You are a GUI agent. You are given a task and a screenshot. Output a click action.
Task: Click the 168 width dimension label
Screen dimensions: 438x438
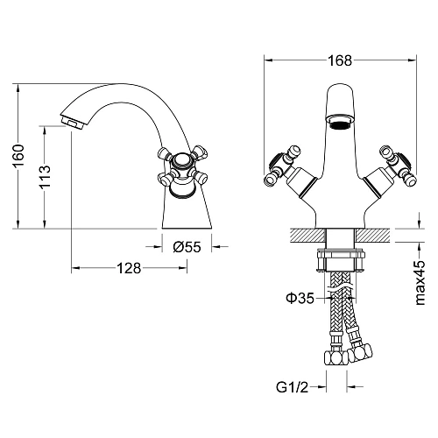[340, 60]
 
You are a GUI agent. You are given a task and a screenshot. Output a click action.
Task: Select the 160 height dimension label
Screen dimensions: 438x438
[18, 156]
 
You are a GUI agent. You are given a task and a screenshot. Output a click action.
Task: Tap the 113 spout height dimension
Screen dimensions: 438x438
[45, 177]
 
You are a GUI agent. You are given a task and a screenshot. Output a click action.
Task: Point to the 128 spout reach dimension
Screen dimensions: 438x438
[129, 268]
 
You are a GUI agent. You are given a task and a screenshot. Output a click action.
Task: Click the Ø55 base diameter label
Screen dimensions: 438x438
[187, 247]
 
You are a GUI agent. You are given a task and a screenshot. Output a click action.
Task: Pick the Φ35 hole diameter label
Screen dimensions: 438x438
[300, 298]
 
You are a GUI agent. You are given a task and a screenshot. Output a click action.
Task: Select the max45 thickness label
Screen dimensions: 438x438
[420, 283]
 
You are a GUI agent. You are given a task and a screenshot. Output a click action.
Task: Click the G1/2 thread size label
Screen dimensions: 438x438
[292, 387]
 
